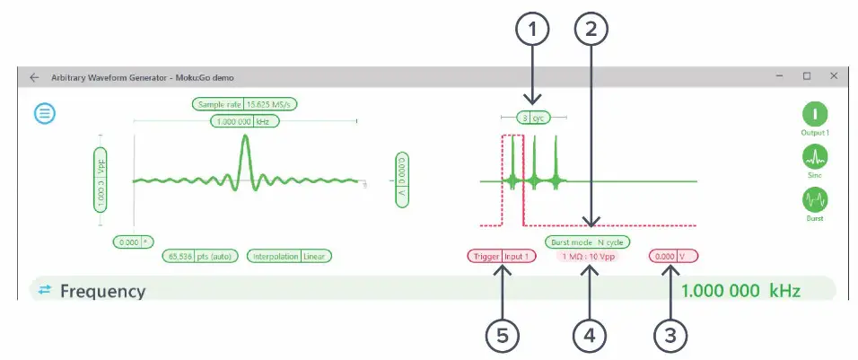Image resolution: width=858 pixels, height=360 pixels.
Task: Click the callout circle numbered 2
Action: coord(590,31)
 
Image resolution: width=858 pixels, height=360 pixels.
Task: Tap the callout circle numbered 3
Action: coord(670,335)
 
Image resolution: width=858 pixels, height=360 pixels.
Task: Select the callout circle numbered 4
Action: coord(590,335)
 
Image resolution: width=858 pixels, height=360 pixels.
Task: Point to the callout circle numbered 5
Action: coord(503,335)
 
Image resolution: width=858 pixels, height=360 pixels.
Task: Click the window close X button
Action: coord(834,76)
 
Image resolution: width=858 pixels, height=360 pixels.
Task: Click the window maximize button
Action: coord(806,76)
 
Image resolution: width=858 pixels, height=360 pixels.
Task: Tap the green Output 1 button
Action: coord(814,114)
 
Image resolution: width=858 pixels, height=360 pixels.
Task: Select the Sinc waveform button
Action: coord(814,157)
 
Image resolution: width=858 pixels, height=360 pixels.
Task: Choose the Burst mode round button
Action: coord(814,198)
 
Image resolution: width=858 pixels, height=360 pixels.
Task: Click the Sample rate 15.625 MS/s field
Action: coord(244,104)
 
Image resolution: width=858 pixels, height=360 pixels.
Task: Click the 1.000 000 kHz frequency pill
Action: coord(244,120)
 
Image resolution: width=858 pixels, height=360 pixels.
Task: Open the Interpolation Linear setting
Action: coord(289,256)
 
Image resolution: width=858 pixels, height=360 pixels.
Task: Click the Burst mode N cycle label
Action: coord(587,242)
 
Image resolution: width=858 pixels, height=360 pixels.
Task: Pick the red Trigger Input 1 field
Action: coord(502,256)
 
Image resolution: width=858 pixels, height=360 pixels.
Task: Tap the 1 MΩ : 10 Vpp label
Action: coord(588,257)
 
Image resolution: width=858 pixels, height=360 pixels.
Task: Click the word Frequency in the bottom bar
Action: coord(102,291)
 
